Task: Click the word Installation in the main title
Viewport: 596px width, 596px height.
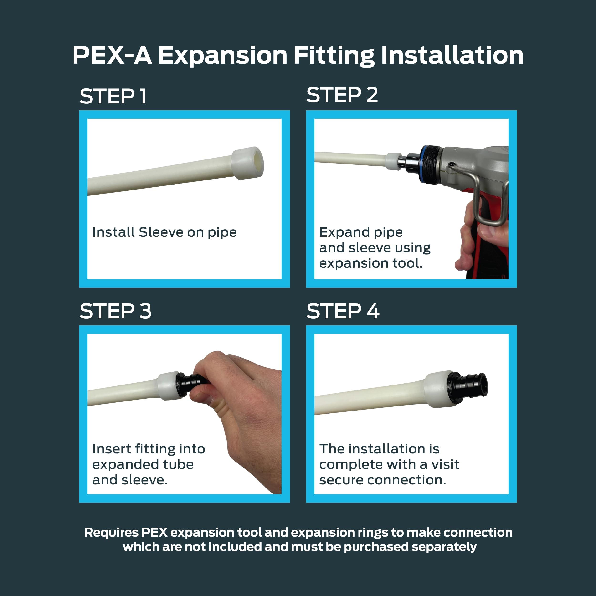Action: click(452, 55)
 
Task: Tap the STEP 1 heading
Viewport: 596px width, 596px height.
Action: click(113, 96)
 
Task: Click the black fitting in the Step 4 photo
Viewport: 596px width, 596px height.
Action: click(467, 387)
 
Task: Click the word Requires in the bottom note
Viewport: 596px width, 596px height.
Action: click(111, 533)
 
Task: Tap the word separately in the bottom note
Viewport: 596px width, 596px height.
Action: click(444, 547)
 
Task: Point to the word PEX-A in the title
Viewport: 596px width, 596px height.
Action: click(112, 55)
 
